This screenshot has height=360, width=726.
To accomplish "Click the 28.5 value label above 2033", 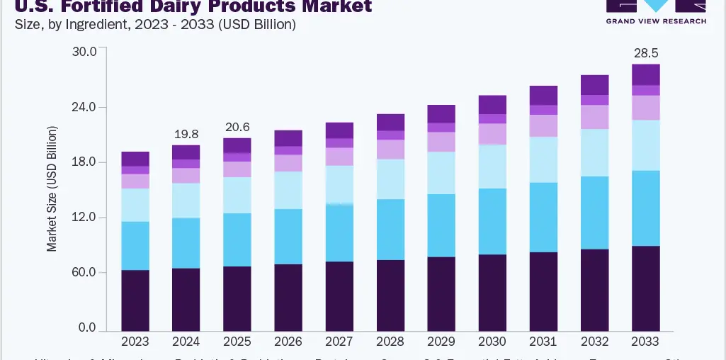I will (x=645, y=54).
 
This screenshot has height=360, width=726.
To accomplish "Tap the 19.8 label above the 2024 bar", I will (x=186, y=135).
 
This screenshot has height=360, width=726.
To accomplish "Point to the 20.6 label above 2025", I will (x=237, y=128).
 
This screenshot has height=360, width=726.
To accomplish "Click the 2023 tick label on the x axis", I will (x=135, y=342).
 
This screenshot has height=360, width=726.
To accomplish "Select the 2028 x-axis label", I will (x=390, y=342).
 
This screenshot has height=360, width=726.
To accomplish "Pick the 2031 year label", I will (x=543, y=342).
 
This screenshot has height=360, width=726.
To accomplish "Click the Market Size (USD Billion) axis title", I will (x=52, y=189).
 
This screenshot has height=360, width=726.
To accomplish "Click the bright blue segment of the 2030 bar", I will (x=492, y=221).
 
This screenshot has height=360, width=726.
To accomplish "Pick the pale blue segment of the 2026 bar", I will (x=288, y=190).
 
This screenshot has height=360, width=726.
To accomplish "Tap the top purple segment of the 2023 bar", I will (x=135, y=159).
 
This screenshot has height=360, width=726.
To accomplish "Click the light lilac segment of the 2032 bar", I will (x=594, y=117).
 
